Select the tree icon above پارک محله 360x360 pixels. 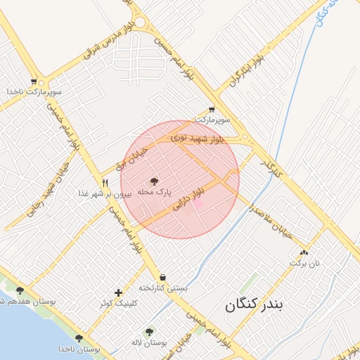(155, 181)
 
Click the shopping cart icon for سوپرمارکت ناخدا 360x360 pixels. (34, 82)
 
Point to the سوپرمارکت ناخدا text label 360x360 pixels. (34, 92)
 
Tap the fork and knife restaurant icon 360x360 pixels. (105, 183)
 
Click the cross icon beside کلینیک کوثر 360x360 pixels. (118, 292)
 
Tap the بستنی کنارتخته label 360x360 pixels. (163, 288)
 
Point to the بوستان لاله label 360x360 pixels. (148, 342)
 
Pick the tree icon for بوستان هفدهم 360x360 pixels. (20, 290)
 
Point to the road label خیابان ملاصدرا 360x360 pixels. (271, 221)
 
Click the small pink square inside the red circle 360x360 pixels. (198, 203)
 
